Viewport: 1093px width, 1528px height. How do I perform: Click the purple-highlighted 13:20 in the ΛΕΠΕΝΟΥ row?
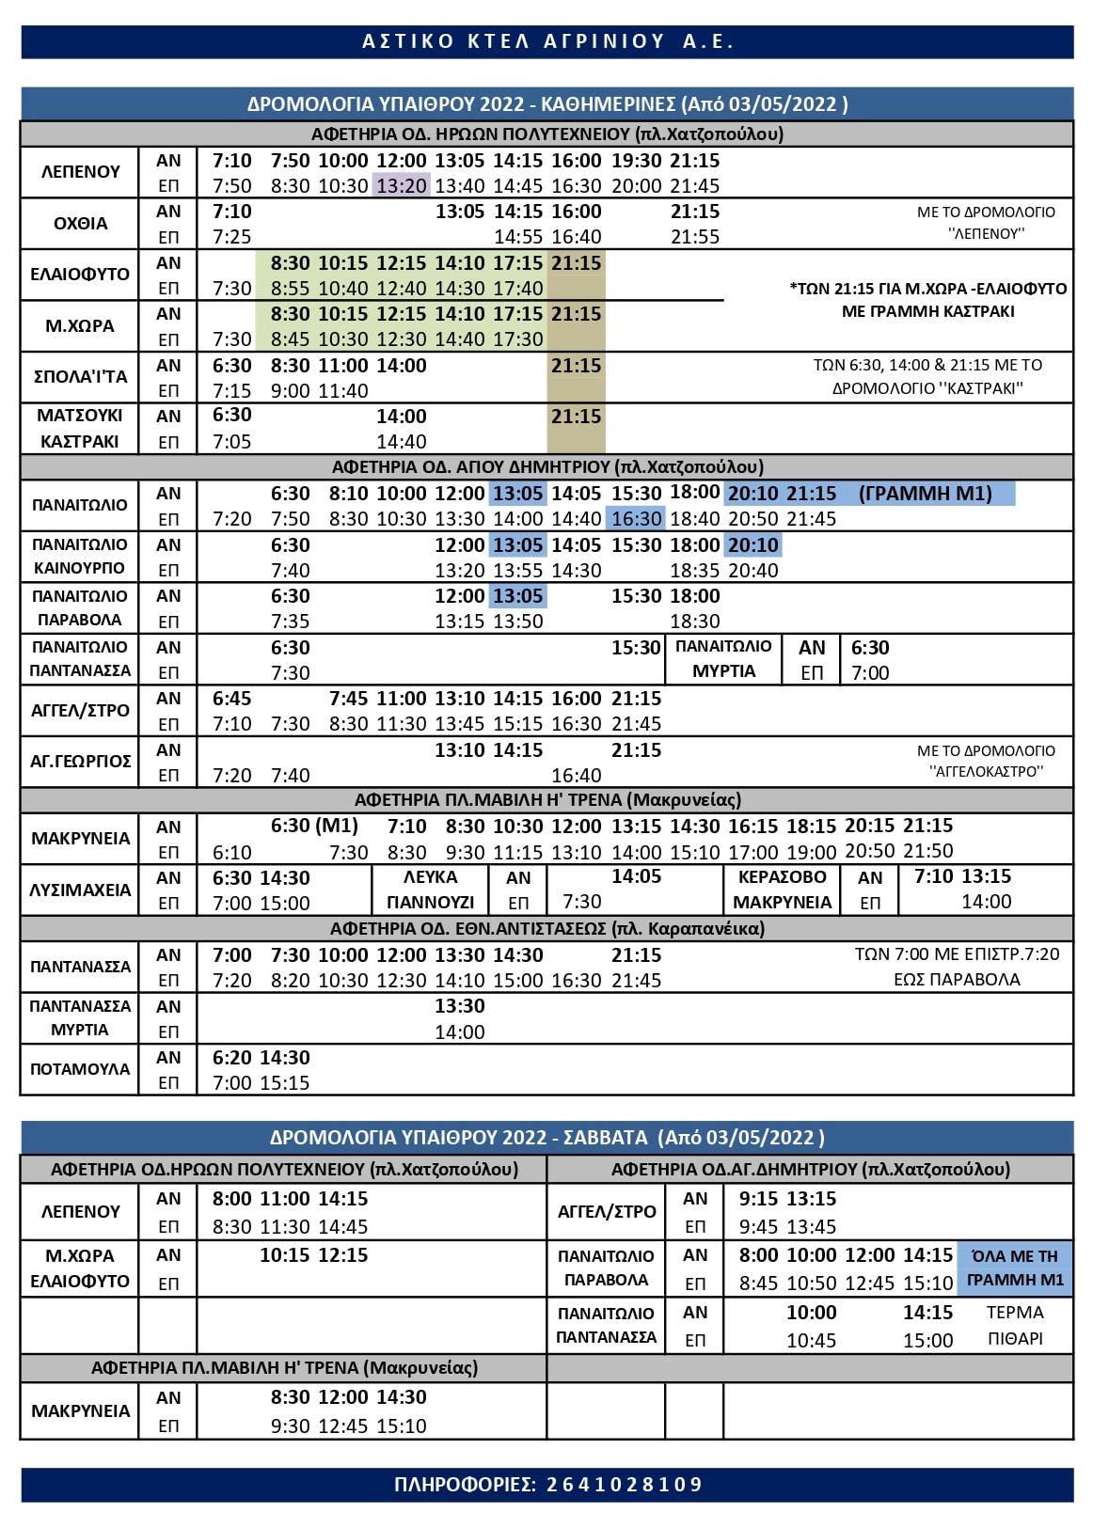point(402,185)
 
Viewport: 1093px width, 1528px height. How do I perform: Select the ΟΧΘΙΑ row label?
point(80,224)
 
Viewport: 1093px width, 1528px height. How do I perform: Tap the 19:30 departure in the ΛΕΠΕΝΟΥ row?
point(636,161)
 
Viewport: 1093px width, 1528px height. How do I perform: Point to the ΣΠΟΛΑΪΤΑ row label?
point(80,377)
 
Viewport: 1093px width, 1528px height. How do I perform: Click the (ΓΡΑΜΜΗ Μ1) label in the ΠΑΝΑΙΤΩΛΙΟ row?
point(925,494)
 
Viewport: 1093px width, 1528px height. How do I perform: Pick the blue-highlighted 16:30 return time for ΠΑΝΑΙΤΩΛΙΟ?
point(636,519)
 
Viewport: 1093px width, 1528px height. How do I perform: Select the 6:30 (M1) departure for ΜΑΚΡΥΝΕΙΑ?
point(314,826)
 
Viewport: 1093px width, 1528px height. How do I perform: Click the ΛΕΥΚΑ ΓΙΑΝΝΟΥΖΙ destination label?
point(430,890)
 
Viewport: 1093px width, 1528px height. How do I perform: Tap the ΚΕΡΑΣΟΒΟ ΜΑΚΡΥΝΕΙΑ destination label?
point(782,890)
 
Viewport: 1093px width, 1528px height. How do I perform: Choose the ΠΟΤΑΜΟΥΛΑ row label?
point(80,1069)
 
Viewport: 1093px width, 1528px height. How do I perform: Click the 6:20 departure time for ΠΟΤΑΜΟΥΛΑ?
point(231,1058)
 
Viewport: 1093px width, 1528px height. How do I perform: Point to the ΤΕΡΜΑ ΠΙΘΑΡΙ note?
point(1015,1325)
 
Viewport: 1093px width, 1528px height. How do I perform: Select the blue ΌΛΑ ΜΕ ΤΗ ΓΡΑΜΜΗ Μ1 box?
point(1015,1268)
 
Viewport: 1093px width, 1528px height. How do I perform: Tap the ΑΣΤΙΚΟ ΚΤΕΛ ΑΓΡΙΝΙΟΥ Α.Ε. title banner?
point(546,42)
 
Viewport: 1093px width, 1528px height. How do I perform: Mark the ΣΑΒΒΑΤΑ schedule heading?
point(546,1138)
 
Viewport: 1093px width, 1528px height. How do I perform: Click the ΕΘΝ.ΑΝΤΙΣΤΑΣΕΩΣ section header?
point(546,929)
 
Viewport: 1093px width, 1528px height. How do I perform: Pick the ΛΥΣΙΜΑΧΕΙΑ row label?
point(80,890)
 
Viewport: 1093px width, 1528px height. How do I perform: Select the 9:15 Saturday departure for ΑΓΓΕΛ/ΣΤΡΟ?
point(758,1199)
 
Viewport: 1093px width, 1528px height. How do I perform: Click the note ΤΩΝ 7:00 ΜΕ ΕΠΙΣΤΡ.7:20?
point(956,954)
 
